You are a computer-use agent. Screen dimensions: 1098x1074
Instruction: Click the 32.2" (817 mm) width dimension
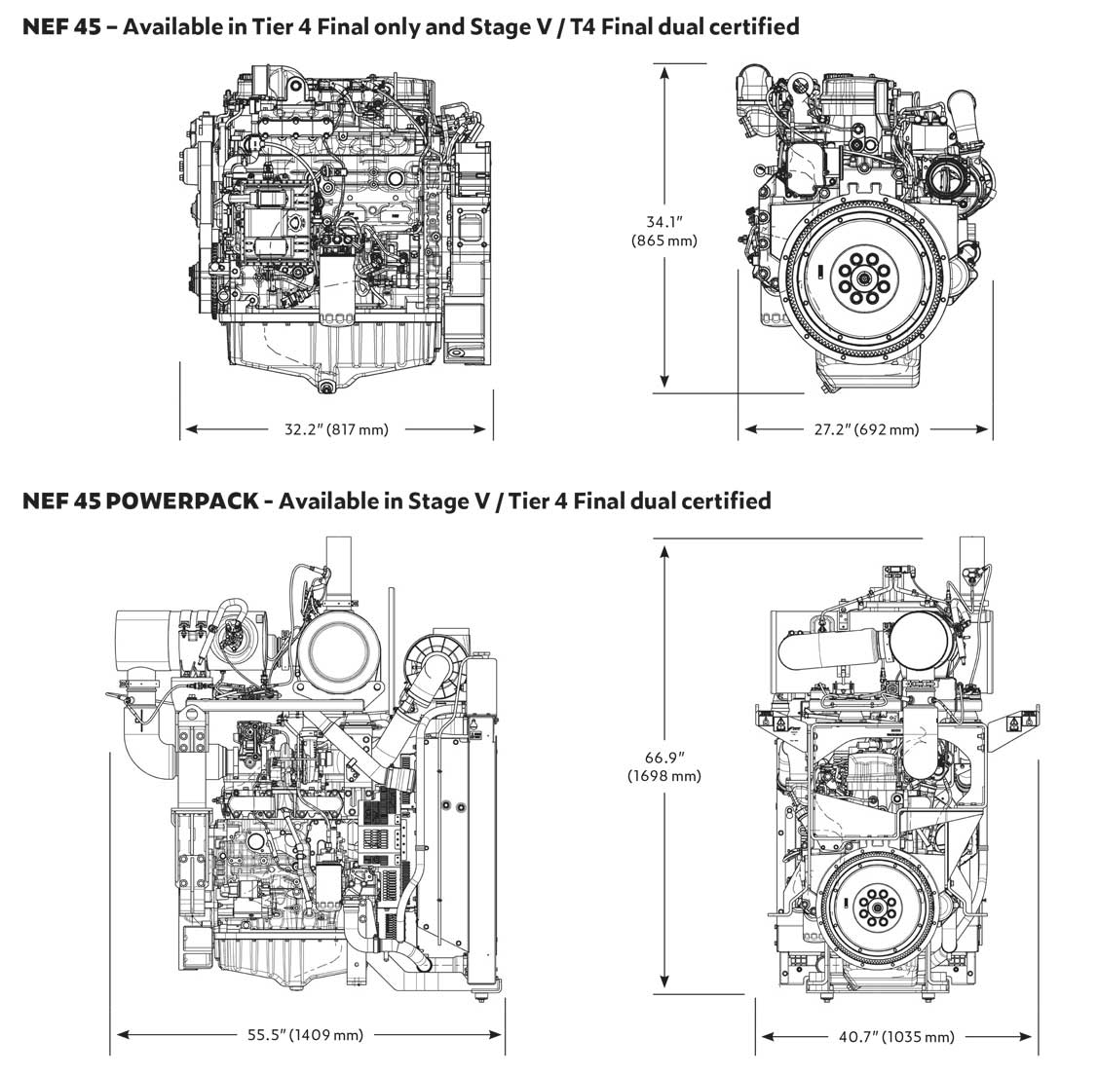pos(336,428)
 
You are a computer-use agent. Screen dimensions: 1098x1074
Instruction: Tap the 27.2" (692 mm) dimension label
pos(866,428)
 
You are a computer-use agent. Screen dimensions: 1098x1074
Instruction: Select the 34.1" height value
pos(663,222)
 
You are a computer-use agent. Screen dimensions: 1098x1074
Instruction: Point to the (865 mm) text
pos(663,241)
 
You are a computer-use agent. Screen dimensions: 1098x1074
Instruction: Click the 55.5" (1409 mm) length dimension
pos(305,1034)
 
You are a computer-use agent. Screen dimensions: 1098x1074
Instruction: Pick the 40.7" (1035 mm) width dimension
pos(896,1036)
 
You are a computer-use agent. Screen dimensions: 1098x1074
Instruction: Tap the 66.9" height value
pos(663,757)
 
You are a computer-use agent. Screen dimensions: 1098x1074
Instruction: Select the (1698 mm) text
pos(663,775)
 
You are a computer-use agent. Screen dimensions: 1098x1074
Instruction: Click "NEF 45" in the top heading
pos(61,26)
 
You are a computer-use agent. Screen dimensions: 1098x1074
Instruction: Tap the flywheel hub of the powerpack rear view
pos(875,907)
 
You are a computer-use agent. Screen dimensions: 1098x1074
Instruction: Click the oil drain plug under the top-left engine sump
pos(324,388)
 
